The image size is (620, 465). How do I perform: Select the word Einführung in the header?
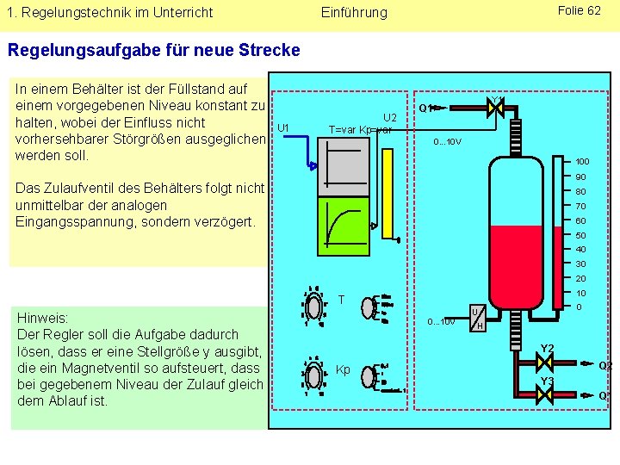pyautogui.click(x=354, y=13)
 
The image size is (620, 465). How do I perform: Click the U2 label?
pyautogui.click(x=389, y=117)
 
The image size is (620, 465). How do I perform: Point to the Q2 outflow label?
pyautogui.click(x=606, y=365)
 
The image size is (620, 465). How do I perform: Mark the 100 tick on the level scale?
pyautogui.click(x=582, y=162)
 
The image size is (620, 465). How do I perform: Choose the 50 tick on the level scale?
pyautogui.click(x=581, y=235)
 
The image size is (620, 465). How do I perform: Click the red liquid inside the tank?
pyautogui.click(x=514, y=263)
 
